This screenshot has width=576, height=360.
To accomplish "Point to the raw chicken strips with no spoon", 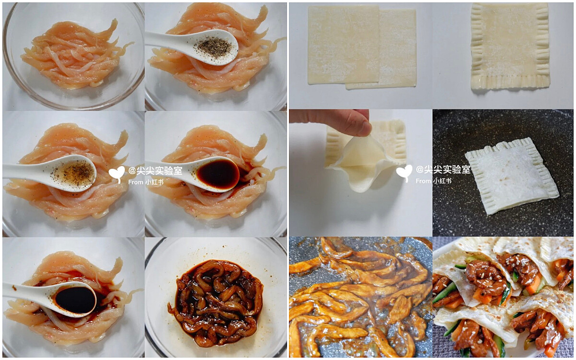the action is point(74,55).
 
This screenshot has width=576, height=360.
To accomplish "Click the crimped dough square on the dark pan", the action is point(511,176).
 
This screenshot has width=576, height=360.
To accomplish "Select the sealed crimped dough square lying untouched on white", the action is point(510,46).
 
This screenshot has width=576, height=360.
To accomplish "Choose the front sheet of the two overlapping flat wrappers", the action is point(344,45).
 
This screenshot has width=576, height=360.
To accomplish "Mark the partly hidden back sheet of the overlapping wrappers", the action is point(397,49).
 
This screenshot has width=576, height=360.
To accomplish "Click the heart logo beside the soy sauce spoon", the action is point(117,174).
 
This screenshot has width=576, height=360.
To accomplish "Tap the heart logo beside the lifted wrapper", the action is point(404,173).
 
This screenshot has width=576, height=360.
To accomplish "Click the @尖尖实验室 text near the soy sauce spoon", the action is point(156,171).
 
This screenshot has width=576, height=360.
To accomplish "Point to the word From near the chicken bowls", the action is point(136,182).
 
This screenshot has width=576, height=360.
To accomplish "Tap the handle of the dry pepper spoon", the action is point(167,41).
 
